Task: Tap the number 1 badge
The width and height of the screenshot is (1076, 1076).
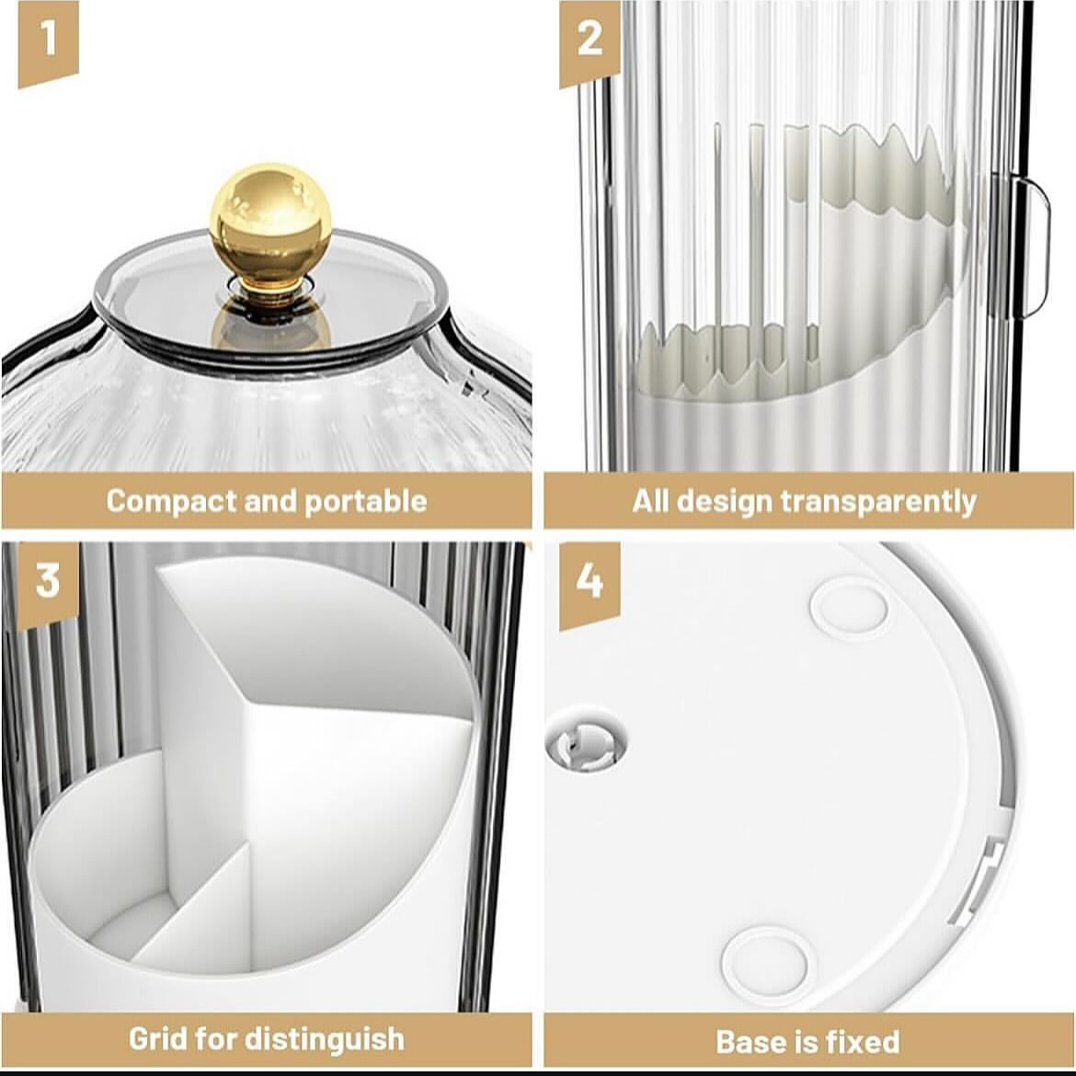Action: coord(48,42)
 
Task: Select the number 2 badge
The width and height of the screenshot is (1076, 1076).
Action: coord(590,42)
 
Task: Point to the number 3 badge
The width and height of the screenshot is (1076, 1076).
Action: coord(48,583)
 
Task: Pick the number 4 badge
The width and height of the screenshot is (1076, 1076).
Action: coord(590,583)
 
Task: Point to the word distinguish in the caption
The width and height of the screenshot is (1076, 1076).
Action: coord(325,1039)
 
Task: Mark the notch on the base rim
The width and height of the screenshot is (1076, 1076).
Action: coord(983,872)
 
